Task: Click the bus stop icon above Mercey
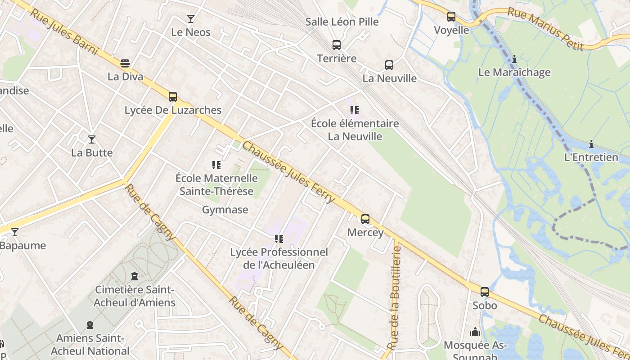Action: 365,219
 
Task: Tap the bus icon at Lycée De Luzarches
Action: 173,97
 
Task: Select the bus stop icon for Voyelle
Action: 451,17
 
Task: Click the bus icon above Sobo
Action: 485,292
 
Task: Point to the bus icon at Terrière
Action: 337,45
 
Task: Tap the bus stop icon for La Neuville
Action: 389,65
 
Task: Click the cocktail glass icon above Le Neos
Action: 191,19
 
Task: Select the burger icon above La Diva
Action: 125,63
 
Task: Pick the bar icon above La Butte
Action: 92,139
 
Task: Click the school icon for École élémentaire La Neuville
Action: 355,110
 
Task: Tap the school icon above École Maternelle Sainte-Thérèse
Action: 216,165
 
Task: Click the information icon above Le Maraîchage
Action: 514,59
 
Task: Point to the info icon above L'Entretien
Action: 591,144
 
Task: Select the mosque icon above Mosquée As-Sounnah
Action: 475,332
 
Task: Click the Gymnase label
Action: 225,210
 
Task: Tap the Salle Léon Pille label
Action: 342,22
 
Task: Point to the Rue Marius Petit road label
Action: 545,29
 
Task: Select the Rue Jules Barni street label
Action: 64,31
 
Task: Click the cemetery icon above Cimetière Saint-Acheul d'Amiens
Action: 134,276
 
